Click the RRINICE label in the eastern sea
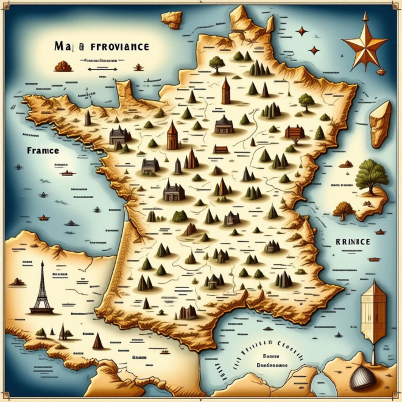tap(353, 242)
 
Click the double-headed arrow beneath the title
tap(102, 69)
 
